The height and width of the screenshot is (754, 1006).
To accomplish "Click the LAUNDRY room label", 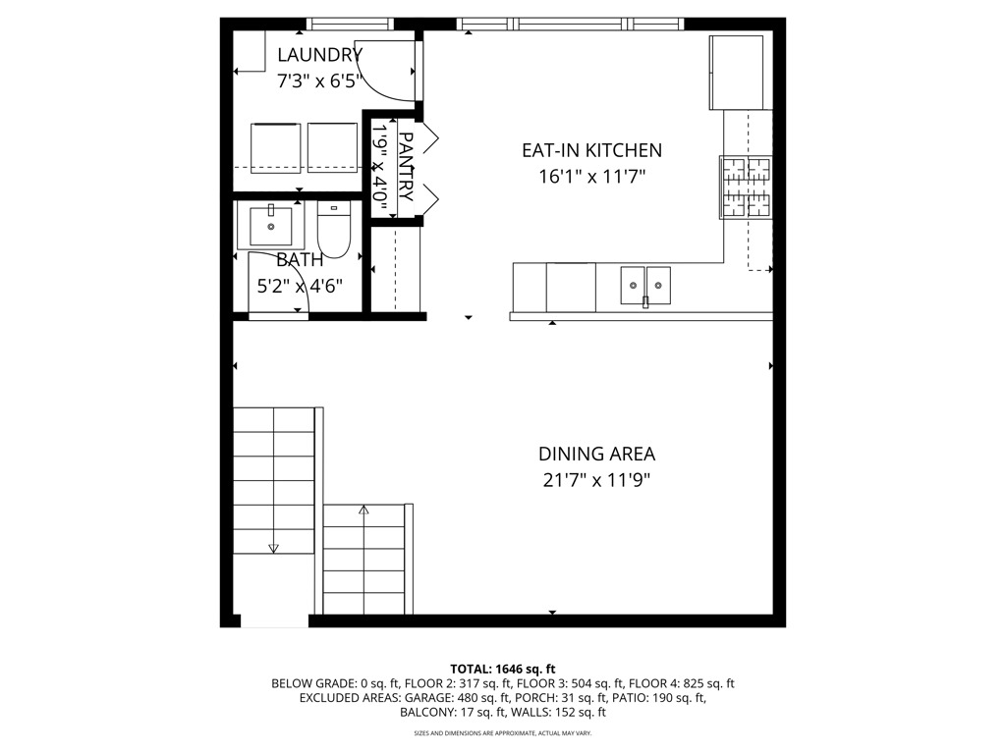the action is [x=319, y=55].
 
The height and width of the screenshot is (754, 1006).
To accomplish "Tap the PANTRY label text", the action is [x=406, y=167].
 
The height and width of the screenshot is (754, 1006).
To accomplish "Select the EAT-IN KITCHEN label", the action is [x=591, y=150].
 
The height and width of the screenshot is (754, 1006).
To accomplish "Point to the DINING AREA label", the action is [x=596, y=454].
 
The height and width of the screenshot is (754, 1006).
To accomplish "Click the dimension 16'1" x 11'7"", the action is [x=591, y=176].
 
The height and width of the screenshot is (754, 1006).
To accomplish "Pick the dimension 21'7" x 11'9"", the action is [x=596, y=479].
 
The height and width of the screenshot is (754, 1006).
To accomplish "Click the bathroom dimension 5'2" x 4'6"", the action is [x=300, y=286].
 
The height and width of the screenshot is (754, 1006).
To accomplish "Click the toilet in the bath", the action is [x=334, y=230].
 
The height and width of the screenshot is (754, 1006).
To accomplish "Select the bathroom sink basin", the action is [x=271, y=226].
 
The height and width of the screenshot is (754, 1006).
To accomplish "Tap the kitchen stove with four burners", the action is [x=747, y=188].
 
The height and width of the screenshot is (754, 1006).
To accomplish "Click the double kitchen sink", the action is [x=645, y=286].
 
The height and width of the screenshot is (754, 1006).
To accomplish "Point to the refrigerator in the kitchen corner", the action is [x=736, y=73].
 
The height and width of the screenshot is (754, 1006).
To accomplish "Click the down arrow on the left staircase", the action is [x=274, y=549].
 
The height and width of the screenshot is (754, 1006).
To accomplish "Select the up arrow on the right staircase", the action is [x=363, y=511].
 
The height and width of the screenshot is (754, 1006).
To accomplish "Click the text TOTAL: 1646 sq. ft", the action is [x=502, y=670].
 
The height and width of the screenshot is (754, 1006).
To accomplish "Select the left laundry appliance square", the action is [x=275, y=147].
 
